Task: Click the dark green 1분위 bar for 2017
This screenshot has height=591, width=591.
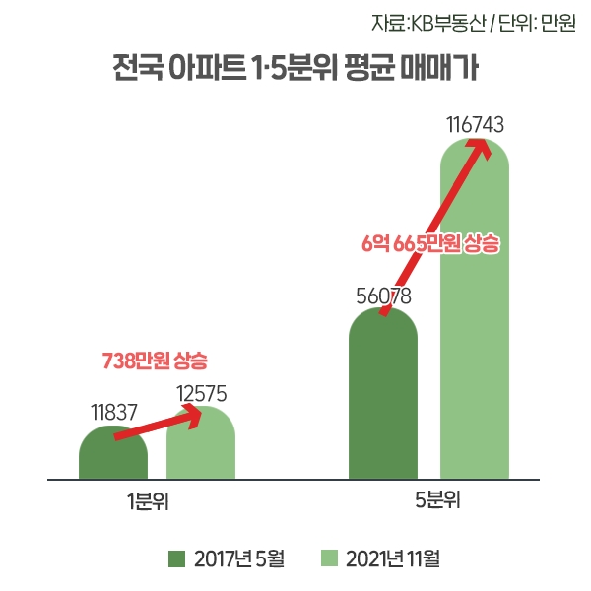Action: coord(113,458)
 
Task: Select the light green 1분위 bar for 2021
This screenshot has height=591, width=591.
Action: coord(201,453)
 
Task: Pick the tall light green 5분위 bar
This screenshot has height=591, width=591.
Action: coord(475,325)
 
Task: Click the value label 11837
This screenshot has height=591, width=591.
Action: coord(113,412)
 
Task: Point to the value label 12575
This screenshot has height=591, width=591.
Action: coord(202,393)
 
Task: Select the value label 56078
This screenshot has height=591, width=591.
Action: coord(383,295)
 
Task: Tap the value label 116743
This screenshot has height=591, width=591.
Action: coord(475,125)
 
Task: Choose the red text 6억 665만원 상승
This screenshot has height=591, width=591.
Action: coord(431,244)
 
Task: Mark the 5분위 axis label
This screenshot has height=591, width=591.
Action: coord(437,500)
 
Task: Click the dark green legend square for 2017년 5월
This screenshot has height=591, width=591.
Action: coord(176,558)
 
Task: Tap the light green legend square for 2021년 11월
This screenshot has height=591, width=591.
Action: coord(330,558)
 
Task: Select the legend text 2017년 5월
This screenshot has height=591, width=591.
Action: coord(239,558)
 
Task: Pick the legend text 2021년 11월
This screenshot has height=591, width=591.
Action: coord(392,558)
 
